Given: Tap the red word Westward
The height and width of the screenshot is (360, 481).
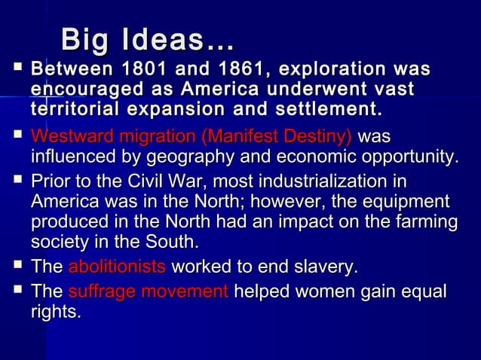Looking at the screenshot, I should coord(69,138).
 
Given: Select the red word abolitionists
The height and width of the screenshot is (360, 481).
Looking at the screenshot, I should coord(117,267).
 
